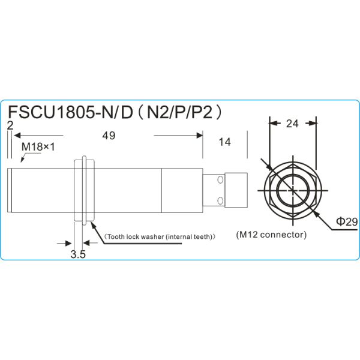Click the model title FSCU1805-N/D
click(69, 113)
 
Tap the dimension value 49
click(109, 136)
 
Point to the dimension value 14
click(225, 142)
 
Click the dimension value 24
click(292, 124)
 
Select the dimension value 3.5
click(78, 254)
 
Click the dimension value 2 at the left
click(10, 125)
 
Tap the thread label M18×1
click(38, 146)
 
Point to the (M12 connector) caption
click(271, 234)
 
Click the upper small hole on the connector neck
click(220, 180)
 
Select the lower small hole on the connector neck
click(220, 199)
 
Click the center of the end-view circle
click(292, 190)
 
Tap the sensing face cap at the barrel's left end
click(11, 190)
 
